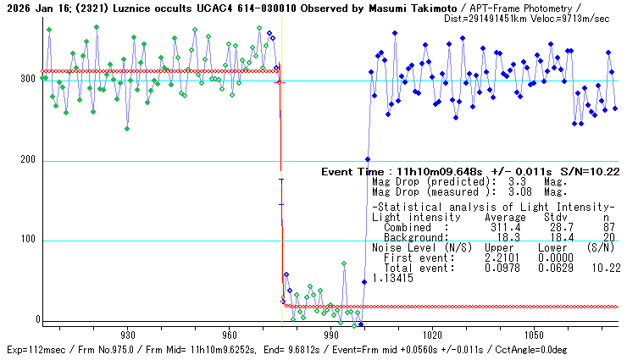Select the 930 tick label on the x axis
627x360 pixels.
click(x=129, y=335)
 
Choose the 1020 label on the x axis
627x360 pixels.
click(x=432, y=335)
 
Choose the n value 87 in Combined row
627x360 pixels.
click(x=608, y=227)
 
